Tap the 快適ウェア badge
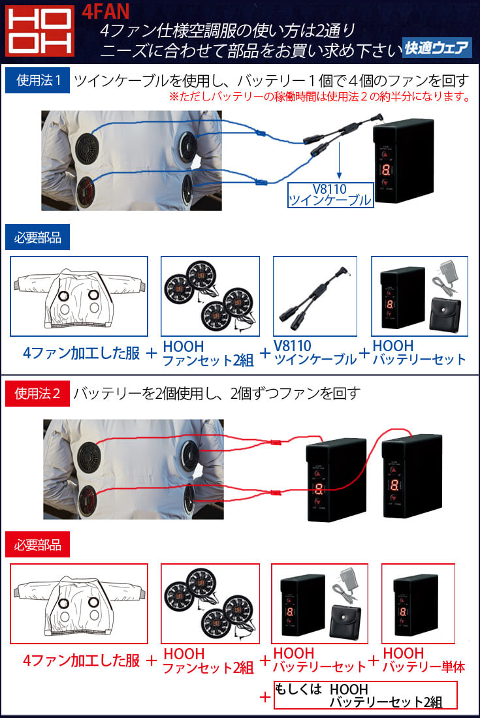pyautogui.click(x=436, y=47)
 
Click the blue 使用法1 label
pyautogui.click(x=37, y=81)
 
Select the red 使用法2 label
pyautogui.click(x=37, y=393)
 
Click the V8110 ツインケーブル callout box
pyautogui.click(x=330, y=195)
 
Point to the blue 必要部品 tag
pyautogui.click(x=37, y=238)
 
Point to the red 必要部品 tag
pyautogui.click(x=37, y=544)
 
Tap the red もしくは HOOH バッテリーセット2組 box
pyautogui.click(x=365, y=695)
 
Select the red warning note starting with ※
pyautogui.click(x=320, y=98)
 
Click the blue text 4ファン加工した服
pyautogui.click(x=81, y=353)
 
